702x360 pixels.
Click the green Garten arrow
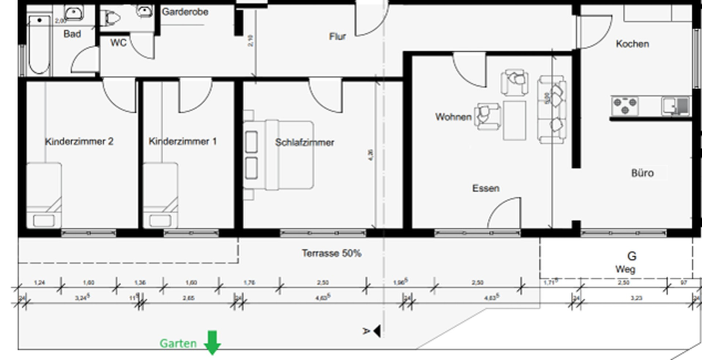point(212,342)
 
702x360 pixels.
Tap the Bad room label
point(72,34)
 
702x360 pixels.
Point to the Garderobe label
point(185,12)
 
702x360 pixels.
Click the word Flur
point(337,37)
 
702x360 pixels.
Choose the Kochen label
point(632,44)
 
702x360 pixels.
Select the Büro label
point(642,173)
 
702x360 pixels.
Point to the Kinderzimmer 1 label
point(182,141)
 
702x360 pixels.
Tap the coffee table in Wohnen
point(514,120)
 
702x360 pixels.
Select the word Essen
point(486,188)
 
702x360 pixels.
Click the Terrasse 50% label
point(331,253)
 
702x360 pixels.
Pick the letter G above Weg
point(632,256)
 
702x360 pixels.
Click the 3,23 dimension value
point(636,298)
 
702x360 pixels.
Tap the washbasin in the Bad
point(73,13)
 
